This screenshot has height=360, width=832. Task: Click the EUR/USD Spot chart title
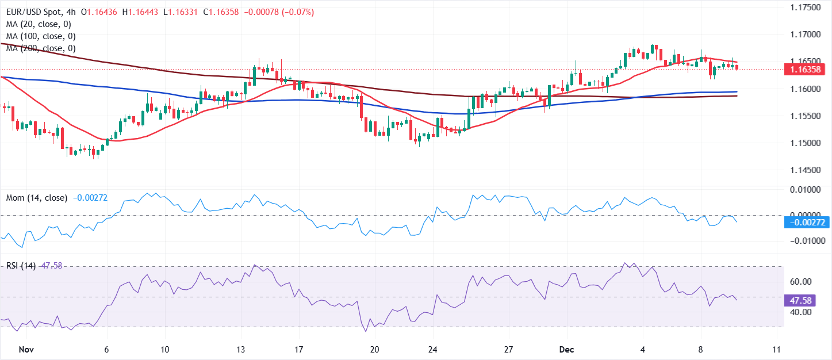[35, 12]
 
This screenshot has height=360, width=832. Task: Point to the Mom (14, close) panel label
[36, 197]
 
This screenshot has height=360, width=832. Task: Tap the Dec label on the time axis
[566, 349]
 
